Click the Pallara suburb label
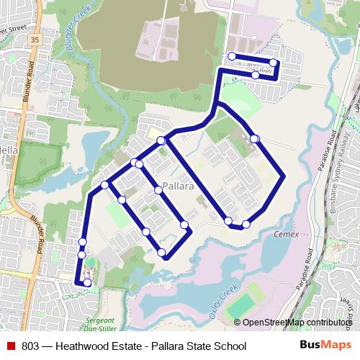[178, 186]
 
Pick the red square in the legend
[10, 346]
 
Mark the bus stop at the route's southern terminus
[87, 283]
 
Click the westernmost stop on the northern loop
[231, 56]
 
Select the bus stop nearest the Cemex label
[246, 224]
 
